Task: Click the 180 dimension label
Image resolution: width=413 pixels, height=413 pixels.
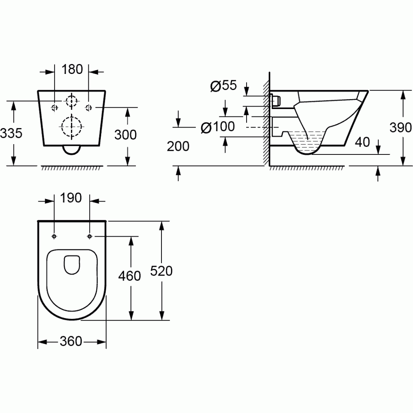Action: [72, 69]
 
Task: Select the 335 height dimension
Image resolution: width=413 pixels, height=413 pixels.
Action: [11, 133]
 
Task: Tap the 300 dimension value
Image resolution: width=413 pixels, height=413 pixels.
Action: [126, 134]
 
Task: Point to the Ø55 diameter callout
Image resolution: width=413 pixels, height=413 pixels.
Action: [223, 85]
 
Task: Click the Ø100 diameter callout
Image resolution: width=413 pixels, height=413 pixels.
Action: [217, 128]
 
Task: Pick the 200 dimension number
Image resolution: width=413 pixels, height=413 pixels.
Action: [178, 146]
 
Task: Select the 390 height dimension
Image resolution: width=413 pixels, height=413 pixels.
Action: [401, 128]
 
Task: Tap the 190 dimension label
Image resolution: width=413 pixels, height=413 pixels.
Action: [72, 198]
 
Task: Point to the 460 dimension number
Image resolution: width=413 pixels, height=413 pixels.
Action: [130, 275]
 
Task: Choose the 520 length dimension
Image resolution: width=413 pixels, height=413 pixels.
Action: [161, 271]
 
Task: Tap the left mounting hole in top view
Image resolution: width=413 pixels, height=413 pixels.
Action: [55, 236]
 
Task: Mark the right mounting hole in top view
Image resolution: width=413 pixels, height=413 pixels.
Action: [90, 236]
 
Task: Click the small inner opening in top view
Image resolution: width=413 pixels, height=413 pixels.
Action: [72, 264]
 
